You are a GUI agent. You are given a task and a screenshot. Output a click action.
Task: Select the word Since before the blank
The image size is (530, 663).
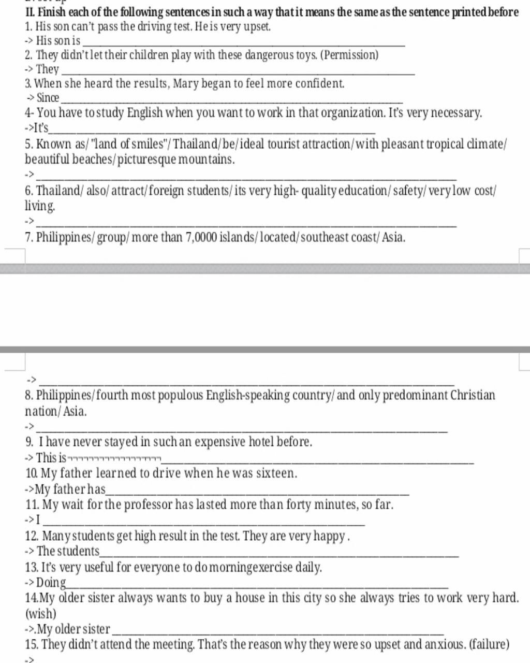tap(48, 97)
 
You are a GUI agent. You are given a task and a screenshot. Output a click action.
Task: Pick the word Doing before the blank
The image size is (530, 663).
tap(51, 582)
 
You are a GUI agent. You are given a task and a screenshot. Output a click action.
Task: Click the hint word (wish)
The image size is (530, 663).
tap(40, 614)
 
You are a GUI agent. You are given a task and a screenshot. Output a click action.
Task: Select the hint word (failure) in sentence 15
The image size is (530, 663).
tap(489, 644)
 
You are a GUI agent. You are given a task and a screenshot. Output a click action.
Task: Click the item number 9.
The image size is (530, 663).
tap(29, 442)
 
